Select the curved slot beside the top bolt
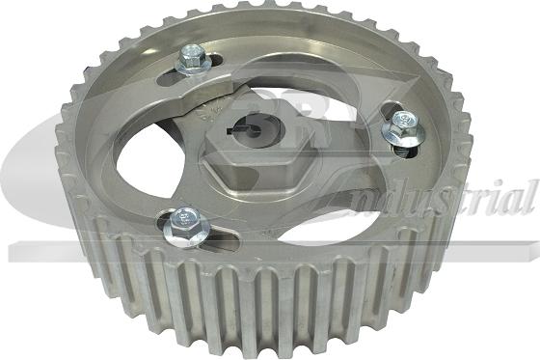pyautogui.click(x=207, y=79)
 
